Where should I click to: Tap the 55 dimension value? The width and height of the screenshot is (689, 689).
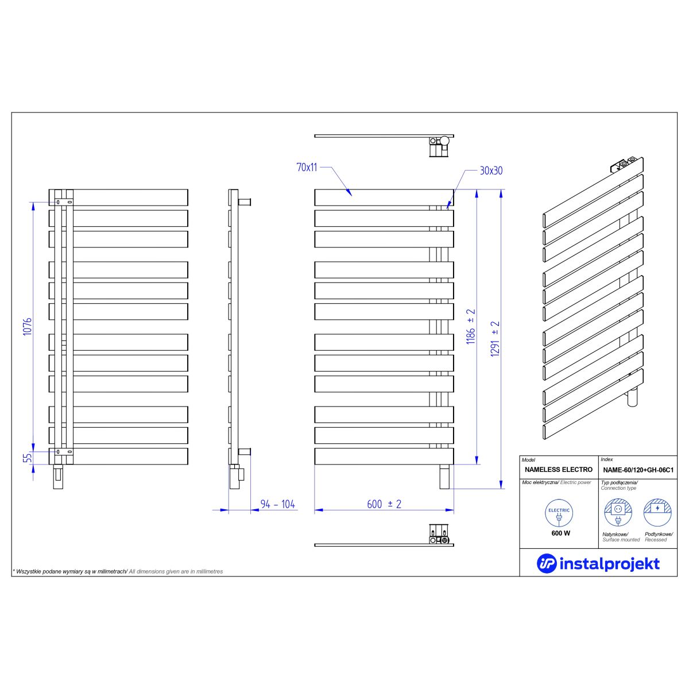coord(28,458)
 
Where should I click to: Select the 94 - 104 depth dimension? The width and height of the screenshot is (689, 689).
coord(277,504)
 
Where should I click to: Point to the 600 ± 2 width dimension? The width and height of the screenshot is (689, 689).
coord(384,504)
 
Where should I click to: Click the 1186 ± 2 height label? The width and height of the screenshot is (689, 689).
coord(471,327)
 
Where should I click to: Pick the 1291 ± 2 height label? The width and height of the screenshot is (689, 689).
coord(495,339)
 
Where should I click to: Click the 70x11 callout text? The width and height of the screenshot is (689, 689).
coord(307,167)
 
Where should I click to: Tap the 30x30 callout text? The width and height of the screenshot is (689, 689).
coord(491,171)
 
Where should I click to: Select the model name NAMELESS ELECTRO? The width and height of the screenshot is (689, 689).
coord(559,470)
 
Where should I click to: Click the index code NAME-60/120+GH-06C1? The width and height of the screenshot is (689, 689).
coord(638,470)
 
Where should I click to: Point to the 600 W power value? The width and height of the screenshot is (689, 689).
coord(560,533)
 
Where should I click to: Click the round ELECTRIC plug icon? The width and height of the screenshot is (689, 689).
coord(559,513)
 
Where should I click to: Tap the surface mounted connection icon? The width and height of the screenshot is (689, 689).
coord(618,513)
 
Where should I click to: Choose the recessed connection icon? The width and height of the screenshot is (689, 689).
coord(657,513)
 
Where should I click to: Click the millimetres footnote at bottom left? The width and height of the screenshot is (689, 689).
coord(118,572)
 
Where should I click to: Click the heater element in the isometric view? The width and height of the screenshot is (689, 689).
coord(632,396)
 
